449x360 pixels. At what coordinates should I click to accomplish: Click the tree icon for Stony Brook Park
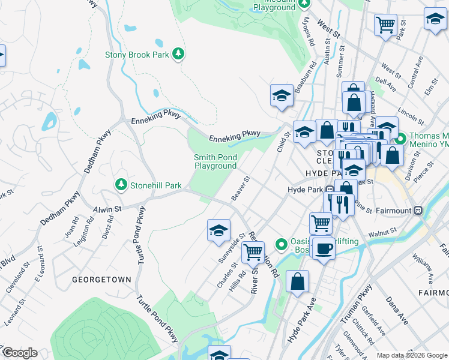178,55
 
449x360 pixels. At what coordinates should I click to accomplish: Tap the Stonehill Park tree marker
121,184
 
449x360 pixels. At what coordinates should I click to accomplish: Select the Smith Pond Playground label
215,161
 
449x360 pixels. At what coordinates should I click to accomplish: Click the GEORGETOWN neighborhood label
93,280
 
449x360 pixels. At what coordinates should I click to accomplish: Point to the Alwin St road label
107,208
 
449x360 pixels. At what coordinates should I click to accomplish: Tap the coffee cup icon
324,248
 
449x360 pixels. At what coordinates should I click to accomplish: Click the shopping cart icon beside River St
253,252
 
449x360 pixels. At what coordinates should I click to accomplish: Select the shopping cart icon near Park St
385,25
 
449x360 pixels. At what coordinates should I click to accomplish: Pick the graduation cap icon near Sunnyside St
219,229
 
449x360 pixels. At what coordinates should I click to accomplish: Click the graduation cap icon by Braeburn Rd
282,95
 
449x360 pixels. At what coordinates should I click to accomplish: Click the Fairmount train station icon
419,211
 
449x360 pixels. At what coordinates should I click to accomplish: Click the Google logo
19,353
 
